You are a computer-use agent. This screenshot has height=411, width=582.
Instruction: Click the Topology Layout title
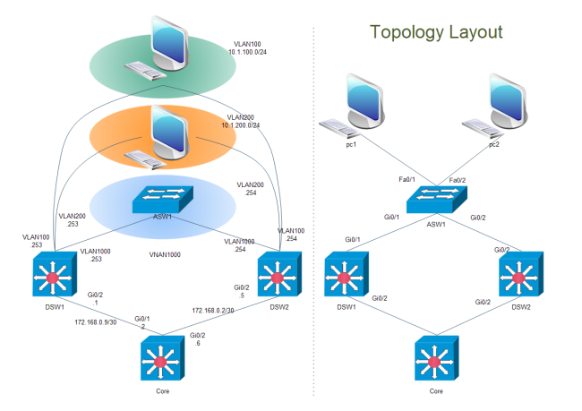coord(436,33)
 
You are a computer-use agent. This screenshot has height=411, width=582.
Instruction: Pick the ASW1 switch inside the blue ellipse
coord(162,200)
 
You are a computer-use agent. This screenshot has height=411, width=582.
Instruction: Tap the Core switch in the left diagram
coord(162,358)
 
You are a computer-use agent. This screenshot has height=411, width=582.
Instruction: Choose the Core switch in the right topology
coord(436,358)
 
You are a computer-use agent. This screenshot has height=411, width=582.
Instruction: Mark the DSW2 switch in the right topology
coord(518,272)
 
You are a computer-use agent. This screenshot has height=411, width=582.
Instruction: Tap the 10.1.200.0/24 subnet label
coord(241,125)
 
